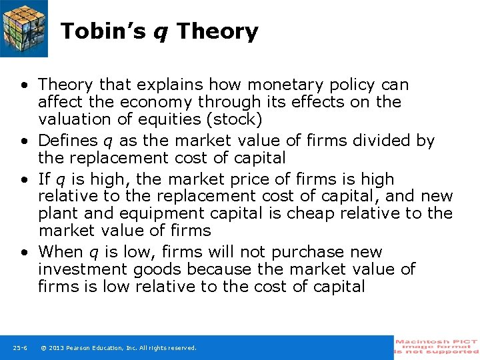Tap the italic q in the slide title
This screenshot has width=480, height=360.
(161, 33)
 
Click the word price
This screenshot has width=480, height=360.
(223, 180)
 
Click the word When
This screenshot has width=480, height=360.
(58, 253)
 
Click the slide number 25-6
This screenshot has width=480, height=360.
(19, 348)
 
